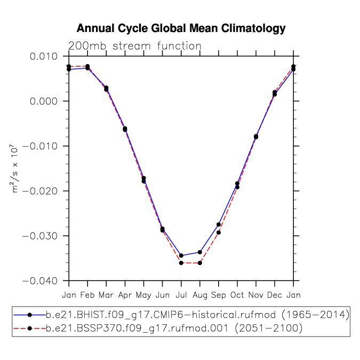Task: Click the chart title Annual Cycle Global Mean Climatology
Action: tap(181, 28)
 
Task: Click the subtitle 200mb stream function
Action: tap(135, 46)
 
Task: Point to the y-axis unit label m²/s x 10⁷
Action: tap(14, 169)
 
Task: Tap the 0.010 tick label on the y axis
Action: tap(44, 56)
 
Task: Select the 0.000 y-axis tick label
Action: tap(44, 101)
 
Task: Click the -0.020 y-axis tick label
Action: tap(40, 191)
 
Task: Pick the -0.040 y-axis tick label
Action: tap(40, 281)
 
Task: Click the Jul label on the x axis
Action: tap(181, 295)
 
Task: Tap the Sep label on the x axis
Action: tap(218, 295)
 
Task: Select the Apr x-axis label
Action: tap(125, 295)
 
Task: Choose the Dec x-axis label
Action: tap(275, 295)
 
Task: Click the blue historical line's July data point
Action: tap(181, 255)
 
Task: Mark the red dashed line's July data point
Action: tap(181, 263)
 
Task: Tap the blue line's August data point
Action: tap(200, 252)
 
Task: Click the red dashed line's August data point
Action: tap(200, 263)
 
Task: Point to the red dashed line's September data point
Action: tap(219, 233)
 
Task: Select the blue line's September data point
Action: tap(219, 225)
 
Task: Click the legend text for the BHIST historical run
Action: tap(197, 315)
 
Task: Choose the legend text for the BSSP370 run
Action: tap(174, 329)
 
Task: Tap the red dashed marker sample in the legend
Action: tap(30, 329)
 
